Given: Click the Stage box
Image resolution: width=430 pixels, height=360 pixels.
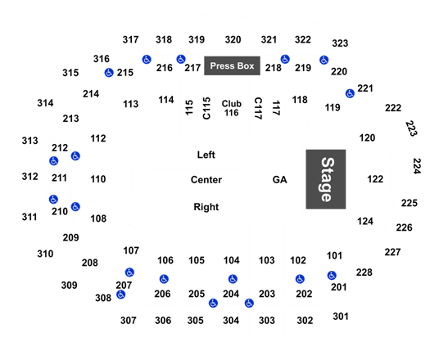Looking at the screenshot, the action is (x=326, y=179).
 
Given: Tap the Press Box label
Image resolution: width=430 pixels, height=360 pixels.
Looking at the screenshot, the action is (x=232, y=65).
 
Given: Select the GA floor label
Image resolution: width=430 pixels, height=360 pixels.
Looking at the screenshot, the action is (x=280, y=180).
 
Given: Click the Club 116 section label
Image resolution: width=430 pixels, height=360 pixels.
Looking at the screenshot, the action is (x=232, y=108).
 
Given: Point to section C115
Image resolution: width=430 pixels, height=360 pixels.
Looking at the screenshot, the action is (x=206, y=108).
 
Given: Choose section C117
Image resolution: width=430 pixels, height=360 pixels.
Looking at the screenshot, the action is (x=258, y=108).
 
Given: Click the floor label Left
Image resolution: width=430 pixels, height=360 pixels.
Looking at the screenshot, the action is (x=206, y=155).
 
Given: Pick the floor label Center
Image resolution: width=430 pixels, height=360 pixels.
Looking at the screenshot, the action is (x=206, y=180).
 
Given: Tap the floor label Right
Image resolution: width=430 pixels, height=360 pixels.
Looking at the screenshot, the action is (x=206, y=207).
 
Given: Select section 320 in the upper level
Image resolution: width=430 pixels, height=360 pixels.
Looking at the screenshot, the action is (x=233, y=40).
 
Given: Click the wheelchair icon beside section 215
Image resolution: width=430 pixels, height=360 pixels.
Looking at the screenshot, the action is (x=109, y=73).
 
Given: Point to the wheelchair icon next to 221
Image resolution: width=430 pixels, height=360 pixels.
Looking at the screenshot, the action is (x=350, y=93).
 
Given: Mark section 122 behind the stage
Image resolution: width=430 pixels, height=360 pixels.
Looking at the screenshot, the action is (x=375, y=179).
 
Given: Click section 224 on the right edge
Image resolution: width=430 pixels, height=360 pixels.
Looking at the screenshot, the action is (x=417, y=166).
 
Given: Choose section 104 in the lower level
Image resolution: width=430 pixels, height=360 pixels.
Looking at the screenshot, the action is (x=232, y=260).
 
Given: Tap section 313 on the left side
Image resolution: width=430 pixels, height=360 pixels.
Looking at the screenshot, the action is (x=29, y=141).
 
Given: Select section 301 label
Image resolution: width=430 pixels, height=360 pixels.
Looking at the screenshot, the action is (x=341, y=317).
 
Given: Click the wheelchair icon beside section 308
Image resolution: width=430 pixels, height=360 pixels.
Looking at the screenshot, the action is (x=120, y=295).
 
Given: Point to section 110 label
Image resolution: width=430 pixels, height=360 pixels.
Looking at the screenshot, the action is (x=98, y=179).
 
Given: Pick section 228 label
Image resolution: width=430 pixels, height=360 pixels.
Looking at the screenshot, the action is (x=364, y=272).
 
